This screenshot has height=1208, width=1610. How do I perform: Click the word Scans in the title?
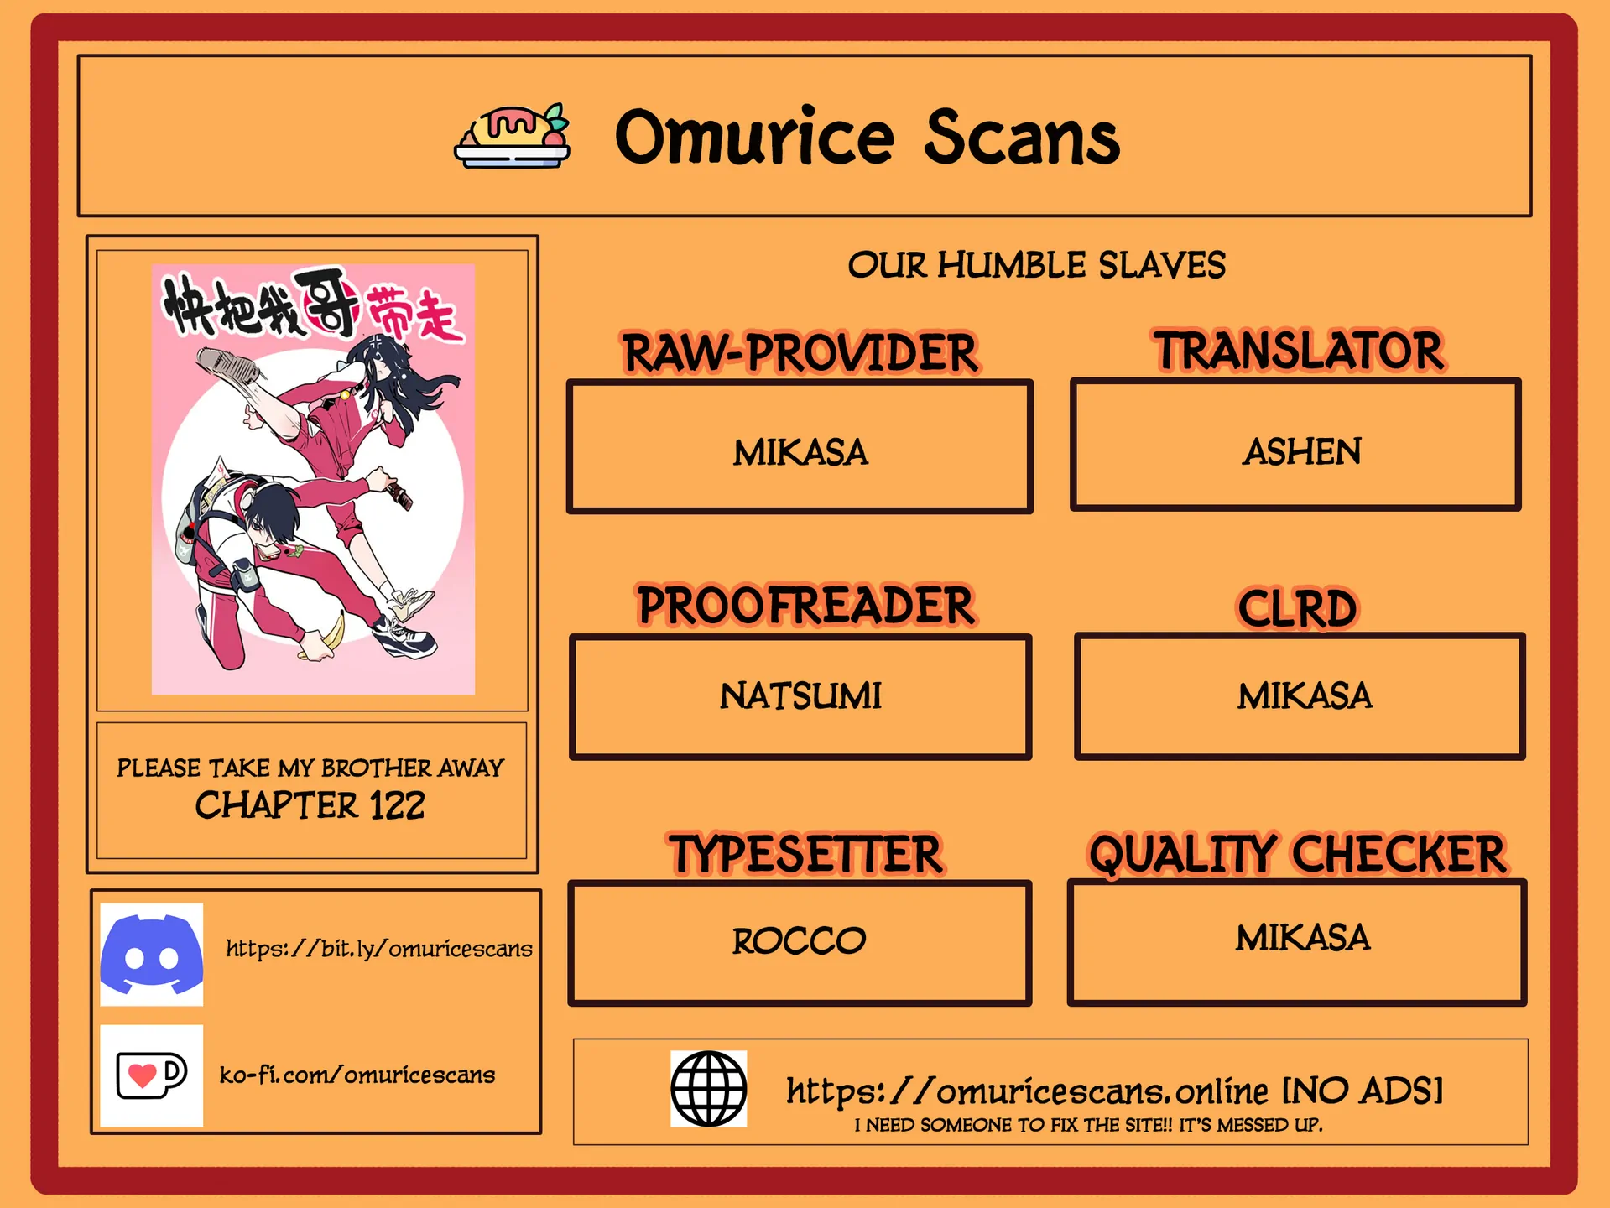pos(1022,138)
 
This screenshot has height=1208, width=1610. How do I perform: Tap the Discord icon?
pos(151,954)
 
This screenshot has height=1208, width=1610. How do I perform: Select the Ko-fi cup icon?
pos(151,1075)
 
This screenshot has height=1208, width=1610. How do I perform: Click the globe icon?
pos(708,1088)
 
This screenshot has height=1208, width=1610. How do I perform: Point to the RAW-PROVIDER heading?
pos(800,352)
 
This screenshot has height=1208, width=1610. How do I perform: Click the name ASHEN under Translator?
pos(1301,451)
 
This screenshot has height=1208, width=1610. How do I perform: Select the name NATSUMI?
pos(800,695)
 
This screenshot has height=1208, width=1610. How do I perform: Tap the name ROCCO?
pos(799,940)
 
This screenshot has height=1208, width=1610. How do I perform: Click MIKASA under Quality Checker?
pos(1302,937)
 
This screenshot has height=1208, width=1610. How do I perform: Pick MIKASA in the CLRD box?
pos(1305,695)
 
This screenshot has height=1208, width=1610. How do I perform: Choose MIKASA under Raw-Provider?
pos(800,452)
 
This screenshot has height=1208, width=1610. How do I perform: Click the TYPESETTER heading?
pos(805,854)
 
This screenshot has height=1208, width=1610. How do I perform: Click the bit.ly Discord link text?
pos(378,948)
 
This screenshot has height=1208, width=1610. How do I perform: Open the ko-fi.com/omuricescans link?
pos(357,1075)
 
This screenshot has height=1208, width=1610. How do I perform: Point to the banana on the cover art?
pos(322,633)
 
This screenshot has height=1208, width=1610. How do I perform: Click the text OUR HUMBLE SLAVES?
pos(1036,265)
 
